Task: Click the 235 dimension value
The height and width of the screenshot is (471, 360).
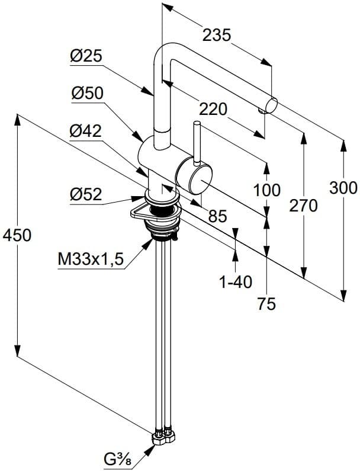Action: point(217,36)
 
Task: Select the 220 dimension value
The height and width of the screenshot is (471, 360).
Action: point(213,109)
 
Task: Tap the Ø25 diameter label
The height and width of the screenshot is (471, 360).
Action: point(86,56)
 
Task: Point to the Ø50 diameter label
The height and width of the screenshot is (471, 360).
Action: point(86,93)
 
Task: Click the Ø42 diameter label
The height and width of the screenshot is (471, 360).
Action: point(86,132)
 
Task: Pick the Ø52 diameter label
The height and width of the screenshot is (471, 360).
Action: point(86,194)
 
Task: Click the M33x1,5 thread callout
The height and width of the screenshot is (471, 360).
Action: point(90,259)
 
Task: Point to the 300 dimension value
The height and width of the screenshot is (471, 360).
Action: point(343,188)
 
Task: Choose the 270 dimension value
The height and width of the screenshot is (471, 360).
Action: point(303,206)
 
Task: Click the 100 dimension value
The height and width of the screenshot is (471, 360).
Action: point(266,191)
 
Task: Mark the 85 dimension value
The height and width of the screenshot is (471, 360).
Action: point(217,217)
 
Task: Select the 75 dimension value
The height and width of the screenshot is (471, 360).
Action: point(266,304)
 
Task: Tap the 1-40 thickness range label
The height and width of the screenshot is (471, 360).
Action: point(236,282)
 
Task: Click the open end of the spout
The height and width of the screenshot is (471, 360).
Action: point(272,105)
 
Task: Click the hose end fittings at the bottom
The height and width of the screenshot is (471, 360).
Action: point(163,437)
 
